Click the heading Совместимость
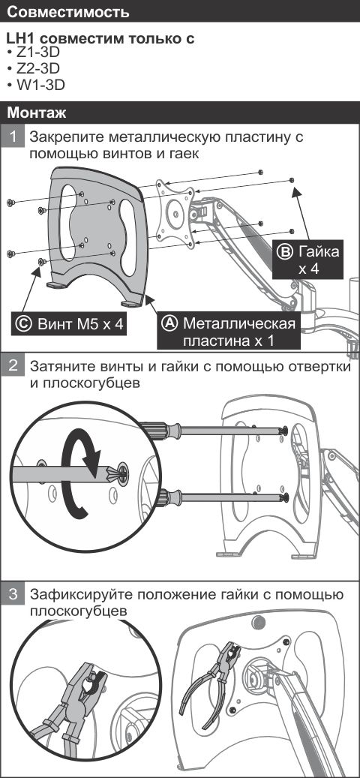coord(67,13)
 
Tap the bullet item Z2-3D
coord(37,69)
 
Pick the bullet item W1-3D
coord(39,85)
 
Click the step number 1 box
coord(14,138)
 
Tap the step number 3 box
coord(14,595)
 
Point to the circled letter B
coord(286,251)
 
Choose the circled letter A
coord(170,323)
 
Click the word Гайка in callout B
coord(319,251)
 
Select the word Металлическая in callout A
coord(239,323)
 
